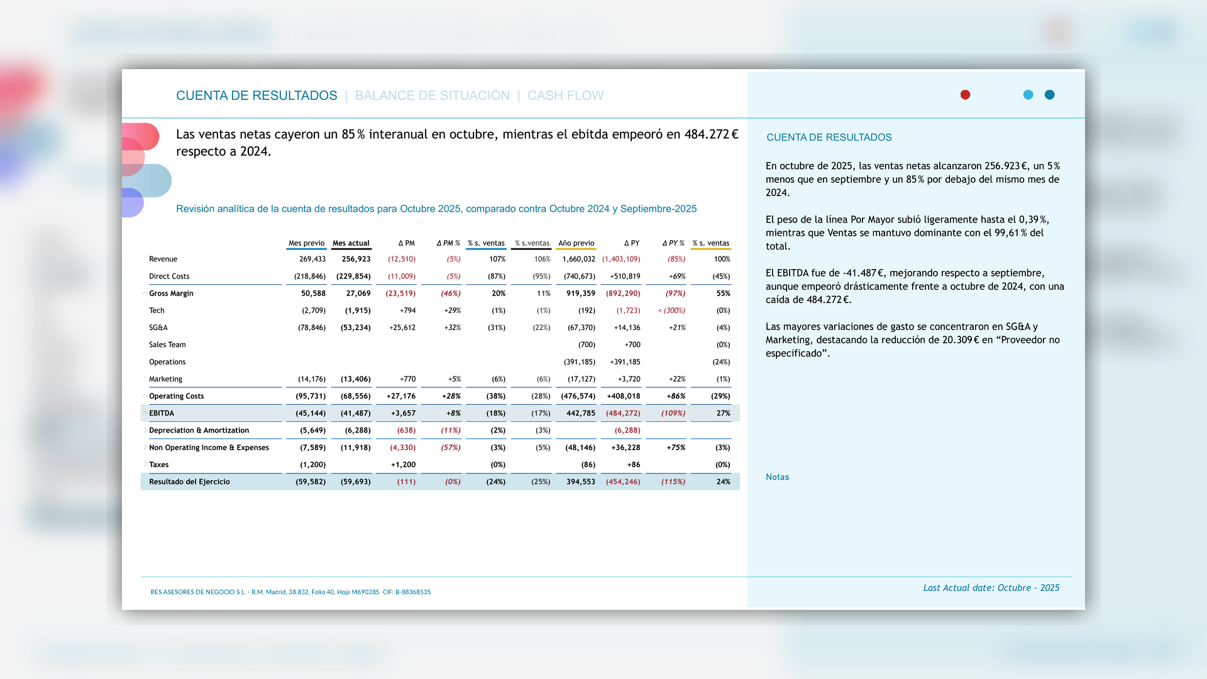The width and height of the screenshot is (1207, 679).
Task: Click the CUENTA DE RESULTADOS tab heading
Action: (256, 96)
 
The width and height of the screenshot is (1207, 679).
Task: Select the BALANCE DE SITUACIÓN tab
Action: (432, 96)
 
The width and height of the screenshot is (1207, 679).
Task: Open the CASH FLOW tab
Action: (565, 96)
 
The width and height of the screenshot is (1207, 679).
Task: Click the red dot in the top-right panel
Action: (965, 95)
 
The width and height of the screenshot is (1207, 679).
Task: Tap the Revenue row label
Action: (163, 259)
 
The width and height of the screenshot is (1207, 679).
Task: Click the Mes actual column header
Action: (351, 243)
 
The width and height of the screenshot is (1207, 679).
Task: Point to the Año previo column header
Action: (576, 243)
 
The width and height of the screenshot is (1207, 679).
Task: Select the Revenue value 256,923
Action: (356, 259)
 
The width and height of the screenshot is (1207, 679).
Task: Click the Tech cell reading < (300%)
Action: (671, 311)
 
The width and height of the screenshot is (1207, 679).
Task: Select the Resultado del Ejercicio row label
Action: (189, 482)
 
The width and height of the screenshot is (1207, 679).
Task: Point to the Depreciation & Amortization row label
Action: (199, 431)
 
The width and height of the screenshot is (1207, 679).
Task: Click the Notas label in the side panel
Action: (777, 477)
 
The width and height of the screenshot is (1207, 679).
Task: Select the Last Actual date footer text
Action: (991, 588)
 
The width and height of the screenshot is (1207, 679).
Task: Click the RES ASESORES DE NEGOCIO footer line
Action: (290, 592)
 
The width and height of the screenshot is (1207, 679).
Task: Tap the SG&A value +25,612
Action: (402, 328)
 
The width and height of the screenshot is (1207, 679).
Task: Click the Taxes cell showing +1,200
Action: (403, 465)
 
